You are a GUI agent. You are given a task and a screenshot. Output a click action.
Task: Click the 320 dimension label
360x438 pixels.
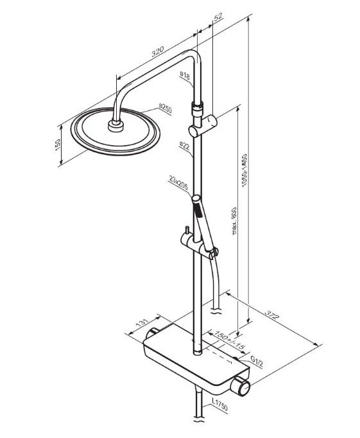[x=158, y=51]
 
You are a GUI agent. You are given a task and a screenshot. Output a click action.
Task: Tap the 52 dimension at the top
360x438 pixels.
[x=218, y=17]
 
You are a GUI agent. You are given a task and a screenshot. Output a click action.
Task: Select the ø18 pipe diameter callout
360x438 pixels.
[x=185, y=75]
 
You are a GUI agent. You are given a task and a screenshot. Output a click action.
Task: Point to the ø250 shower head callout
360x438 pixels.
[x=166, y=109]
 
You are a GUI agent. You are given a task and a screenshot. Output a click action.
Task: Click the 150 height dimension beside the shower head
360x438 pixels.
[x=58, y=145]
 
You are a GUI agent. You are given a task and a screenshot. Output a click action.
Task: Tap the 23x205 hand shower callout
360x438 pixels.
[x=178, y=183]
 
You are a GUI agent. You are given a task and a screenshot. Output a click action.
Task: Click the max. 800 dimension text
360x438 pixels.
[x=234, y=221]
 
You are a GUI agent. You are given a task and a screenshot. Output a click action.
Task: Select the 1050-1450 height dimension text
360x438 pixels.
[x=244, y=170]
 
